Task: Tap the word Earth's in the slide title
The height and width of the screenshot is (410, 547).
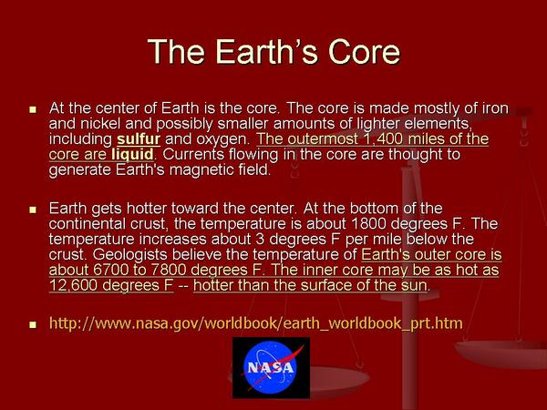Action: tap(266, 52)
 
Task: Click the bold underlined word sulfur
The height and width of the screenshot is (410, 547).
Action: tap(139, 138)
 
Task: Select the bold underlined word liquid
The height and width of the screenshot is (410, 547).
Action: tap(132, 155)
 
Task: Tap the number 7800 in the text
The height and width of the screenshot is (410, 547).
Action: tap(171, 270)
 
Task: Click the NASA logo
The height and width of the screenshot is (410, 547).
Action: tap(271, 367)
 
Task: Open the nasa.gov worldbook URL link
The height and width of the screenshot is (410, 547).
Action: tap(256, 323)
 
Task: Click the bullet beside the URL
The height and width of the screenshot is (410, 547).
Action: tap(33, 324)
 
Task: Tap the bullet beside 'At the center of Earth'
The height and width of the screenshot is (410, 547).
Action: tap(33, 110)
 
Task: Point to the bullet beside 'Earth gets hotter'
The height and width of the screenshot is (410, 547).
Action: tap(33, 210)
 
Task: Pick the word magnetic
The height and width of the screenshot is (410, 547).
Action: tap(208, 170)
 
